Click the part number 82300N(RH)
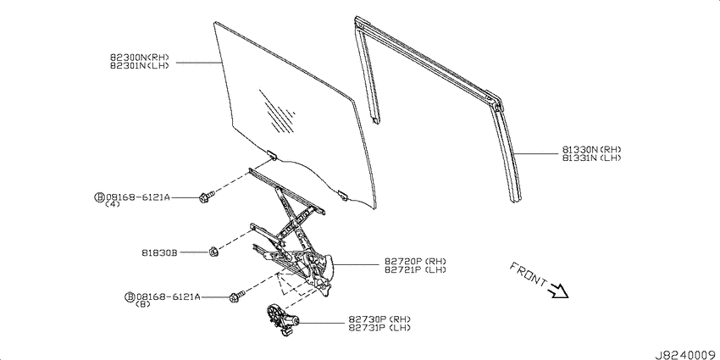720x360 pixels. [140, 58]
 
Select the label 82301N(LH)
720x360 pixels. [140, 65]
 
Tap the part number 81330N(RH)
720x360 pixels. [592, 150]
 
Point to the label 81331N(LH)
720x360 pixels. [592, 158]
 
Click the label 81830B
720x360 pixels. [159, 252]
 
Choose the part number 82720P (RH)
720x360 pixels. [415, 262]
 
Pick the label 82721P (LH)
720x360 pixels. [415, 269]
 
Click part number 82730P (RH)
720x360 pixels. [379, 319]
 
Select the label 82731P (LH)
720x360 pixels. [379, 328]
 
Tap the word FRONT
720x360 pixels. [529, 275]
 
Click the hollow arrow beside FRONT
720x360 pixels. [558, 291]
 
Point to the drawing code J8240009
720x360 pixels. [687, 355]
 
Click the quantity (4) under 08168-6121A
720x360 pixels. [113, 204]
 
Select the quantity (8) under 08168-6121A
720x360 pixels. [143, 304]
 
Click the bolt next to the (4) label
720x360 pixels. [206, 197]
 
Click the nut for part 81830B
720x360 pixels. [213, 252]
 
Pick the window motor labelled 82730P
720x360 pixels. [281, 320]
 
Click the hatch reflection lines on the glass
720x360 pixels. [277, 112]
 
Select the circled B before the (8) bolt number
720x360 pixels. [129, 296]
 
